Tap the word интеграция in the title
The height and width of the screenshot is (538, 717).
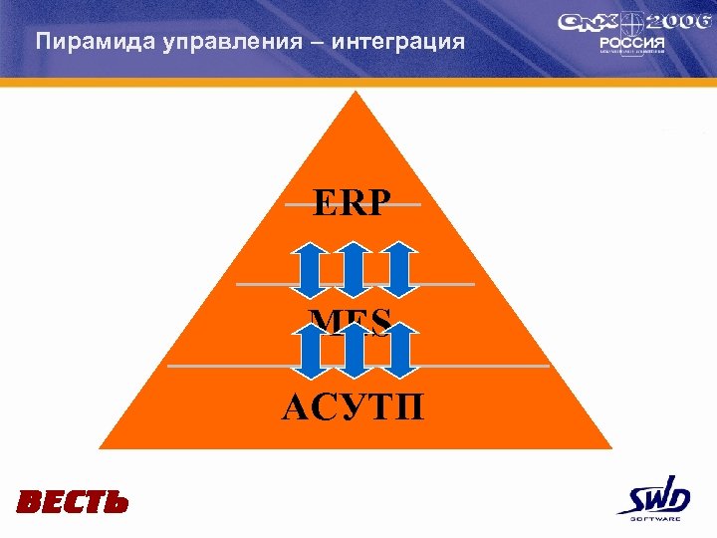tap(393, 42)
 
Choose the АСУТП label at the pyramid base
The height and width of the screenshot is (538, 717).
tap(352, 407)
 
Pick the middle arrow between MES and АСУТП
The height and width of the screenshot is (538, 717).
tap(353, 351)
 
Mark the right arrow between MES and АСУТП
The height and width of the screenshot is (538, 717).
tap(399, 351)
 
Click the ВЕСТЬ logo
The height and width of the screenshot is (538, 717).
tap(72, 502)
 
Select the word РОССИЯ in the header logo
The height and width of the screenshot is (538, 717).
tap(625, 44)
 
